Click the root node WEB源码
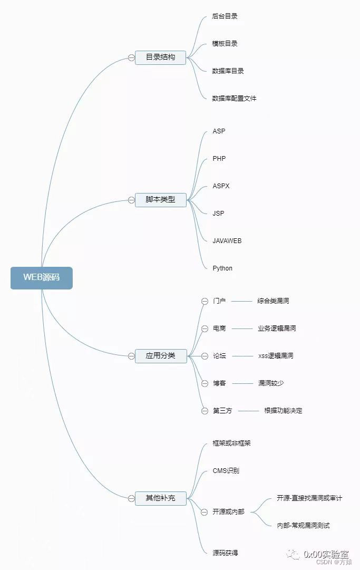tap(41, 278)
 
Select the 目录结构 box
tap(160, 57)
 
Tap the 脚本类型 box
tap(160, 200)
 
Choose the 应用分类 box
tap(160, 356)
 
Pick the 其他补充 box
tap(160, 498)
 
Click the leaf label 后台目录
tap(225, 16)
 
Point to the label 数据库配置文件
tap(234, 99)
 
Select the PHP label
tap(219, 159)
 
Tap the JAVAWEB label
tap(227, 241)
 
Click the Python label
tap(222, 268)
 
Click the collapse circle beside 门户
tap(205, 301)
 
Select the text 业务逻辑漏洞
tap(277, 329)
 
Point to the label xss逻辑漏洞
tap(276, 356)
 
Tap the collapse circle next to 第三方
tap(205, 411)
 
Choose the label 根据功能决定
tap(283, 411)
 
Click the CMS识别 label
tap(226, 471)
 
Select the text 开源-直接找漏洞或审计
tap(309, 498)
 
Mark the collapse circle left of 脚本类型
tap(131, 200)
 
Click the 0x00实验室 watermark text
tap(326, 554)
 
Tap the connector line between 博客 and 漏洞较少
tap(242, 383)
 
